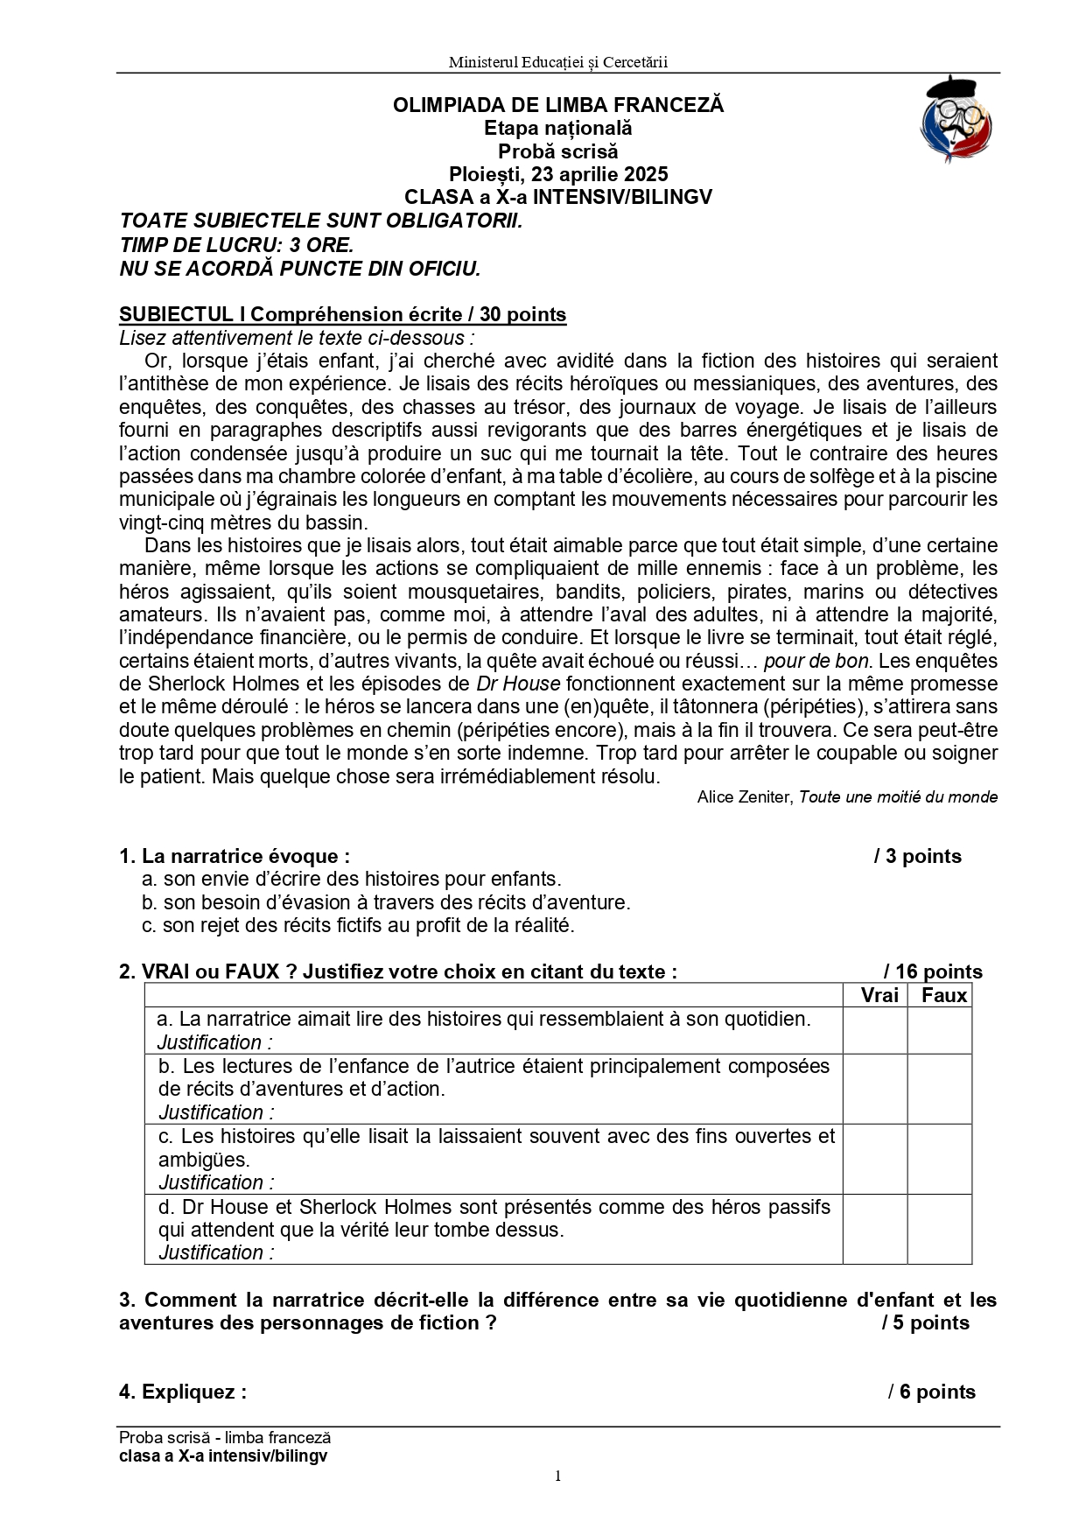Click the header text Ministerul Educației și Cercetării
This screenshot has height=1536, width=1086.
click(x=557, y=62)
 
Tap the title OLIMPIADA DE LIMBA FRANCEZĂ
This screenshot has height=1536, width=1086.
click(x=558, y=105)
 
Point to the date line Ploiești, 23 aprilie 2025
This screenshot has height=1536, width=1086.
click(x=558, y=174)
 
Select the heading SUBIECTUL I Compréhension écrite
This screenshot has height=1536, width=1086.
click(x=342, y=315)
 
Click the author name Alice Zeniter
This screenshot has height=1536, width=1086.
click(x=745, y=797)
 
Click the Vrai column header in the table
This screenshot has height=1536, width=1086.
click(x=879, y=995)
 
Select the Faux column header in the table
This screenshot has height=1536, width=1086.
click(x=943, y=995)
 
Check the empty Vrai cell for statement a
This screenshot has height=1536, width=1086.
click(x=875, y=1030)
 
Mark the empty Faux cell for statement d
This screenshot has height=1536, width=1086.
click(x=939, y=1229)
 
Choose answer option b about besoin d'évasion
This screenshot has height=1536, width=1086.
click(x=386, y=902)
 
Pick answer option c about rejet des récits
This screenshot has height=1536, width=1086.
click(x=358, y=925)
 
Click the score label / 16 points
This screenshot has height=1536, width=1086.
click(x=933, y=971)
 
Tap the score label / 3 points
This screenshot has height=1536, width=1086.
click(x=917, y=856)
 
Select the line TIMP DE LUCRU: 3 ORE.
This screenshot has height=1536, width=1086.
click(x=236, y=245)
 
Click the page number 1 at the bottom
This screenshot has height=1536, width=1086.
click(x=557, y=1476)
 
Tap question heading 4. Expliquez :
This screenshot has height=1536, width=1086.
click(x=183, y=1392)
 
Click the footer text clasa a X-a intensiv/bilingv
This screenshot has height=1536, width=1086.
click(x=223, y=1456)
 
